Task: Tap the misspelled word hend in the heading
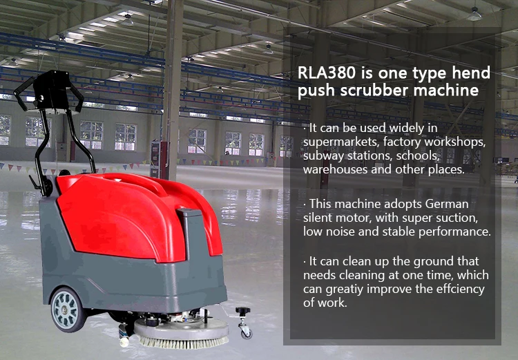tap(472, 73)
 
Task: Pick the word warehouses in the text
tap(334, 169)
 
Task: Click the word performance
tap(455, 231)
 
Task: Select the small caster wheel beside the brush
tap(245, 330)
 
